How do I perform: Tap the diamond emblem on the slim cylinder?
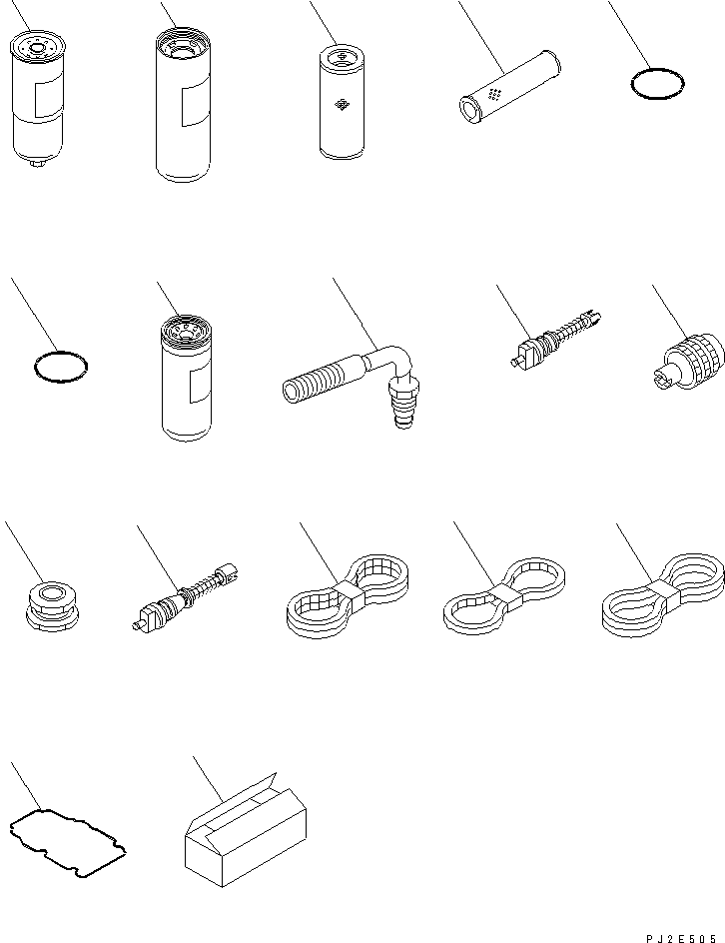(342, 105)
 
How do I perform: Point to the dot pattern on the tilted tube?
(494, 95)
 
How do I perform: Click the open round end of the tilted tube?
(468, 110)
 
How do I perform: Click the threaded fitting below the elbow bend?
(402, 404)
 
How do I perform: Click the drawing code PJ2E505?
(681, 938)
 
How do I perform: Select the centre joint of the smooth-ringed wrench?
(664, 594)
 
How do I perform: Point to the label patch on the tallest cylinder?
(196, 105)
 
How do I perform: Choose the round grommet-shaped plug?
(52, 606)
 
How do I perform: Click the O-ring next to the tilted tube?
(658, 84)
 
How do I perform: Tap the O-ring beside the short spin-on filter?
(61, 367)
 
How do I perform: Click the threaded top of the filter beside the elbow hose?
(186, 327)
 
